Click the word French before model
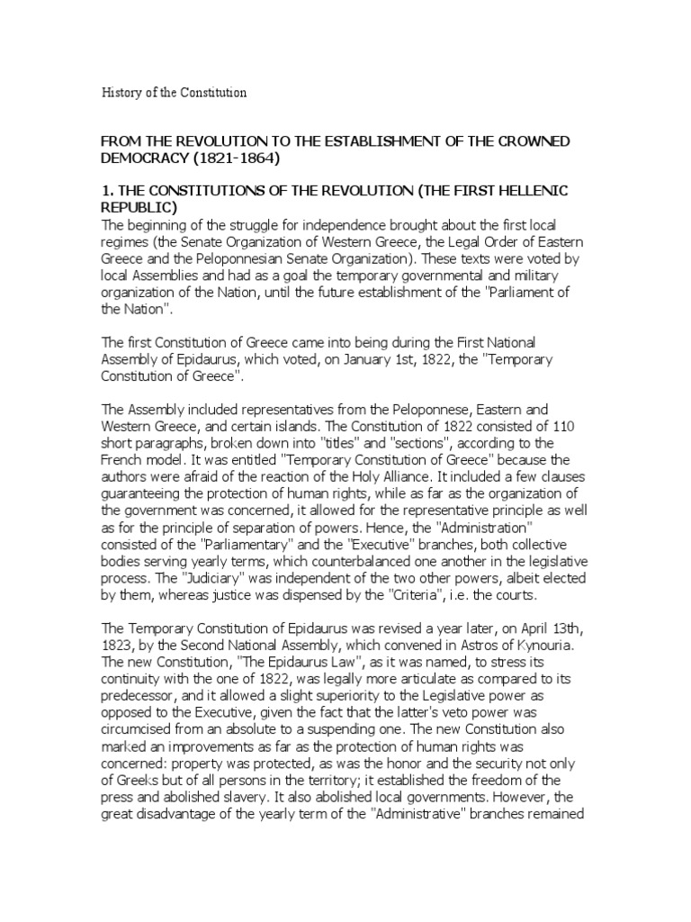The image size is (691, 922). [123, 457]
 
